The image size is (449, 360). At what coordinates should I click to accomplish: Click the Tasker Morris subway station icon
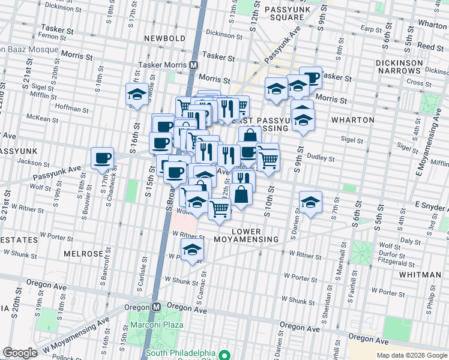pyautogui.click(x=194, y=65)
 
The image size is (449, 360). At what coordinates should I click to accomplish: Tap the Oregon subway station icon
pyautogui.click(x=156, y=306)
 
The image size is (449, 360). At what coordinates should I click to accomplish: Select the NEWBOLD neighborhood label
pyautogui.click(x=165, y=38)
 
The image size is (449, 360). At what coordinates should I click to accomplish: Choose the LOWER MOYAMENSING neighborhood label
pyautogui.click(x=255, y=235)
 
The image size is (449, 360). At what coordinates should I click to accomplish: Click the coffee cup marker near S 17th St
pyautogui.click(x=102, y=158)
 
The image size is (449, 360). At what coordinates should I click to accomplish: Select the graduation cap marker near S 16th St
pyautogui.click(x=136, y=94)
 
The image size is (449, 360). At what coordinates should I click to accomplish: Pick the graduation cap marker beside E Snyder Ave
pyautogui.click(x=310, y=202)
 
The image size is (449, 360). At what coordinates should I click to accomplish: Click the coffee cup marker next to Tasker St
pyautogui.click(x=311, y=77)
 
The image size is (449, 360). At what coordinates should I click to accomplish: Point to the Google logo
pyautogui.click(x=19, y=353)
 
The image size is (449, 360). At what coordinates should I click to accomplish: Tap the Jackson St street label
pyautogui.click(x=33, y=162)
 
